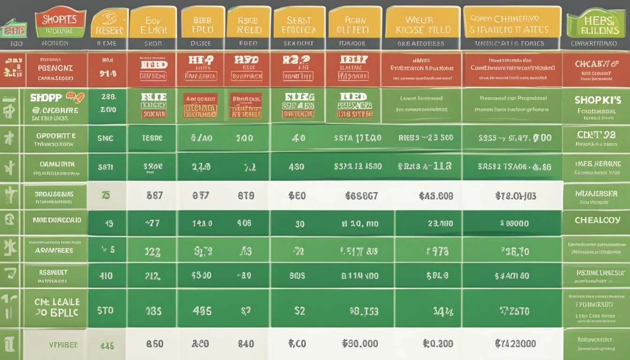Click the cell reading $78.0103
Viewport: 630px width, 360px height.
pos(516,195)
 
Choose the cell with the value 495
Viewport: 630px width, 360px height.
pos(202,311)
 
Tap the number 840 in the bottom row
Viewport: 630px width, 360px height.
pos(246,344)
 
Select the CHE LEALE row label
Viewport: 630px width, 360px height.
pos(57,307)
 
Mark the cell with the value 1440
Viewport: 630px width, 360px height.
pos(202,224)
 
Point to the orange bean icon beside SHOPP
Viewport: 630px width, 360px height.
pos(75,97)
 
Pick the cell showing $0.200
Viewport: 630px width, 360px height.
pos(438,344)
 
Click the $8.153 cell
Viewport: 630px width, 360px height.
pos(364,311)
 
